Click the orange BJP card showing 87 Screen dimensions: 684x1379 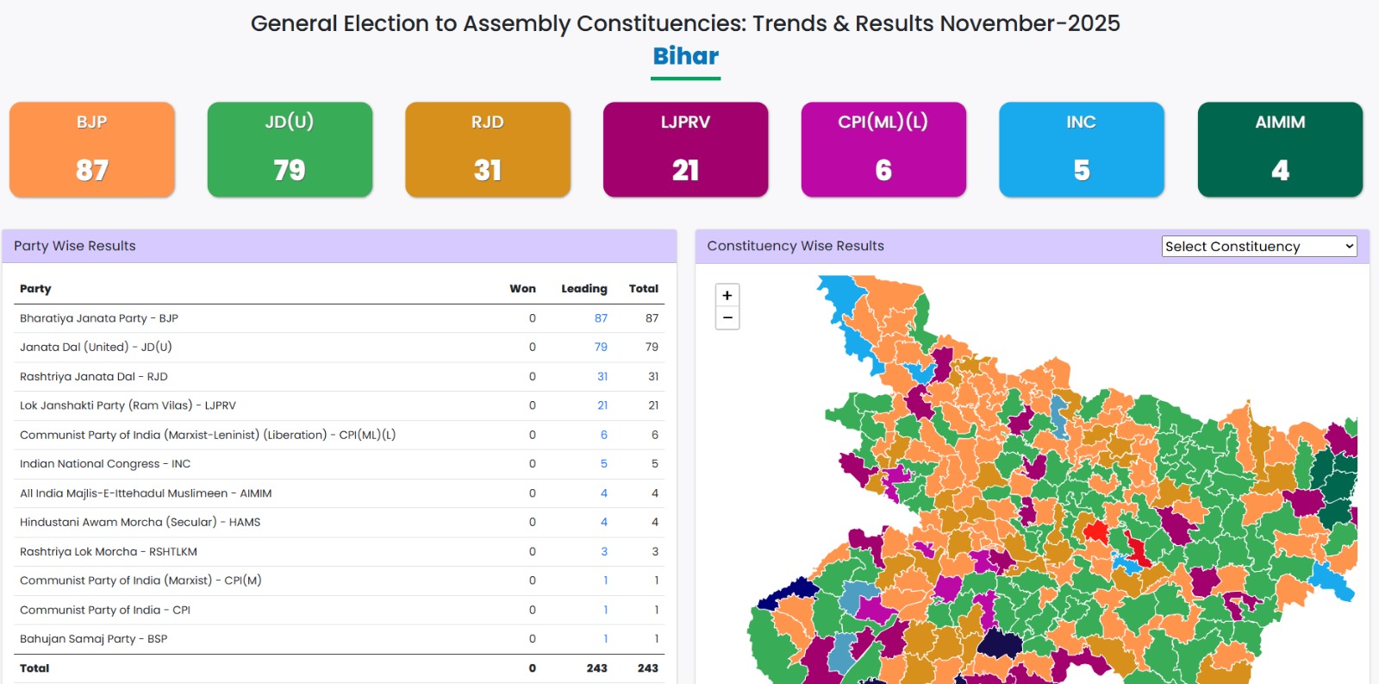click(92, 149)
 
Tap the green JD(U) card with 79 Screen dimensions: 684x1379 click(290, 149)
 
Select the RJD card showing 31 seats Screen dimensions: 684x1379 click(488, 149)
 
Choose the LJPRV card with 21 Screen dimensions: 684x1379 click(685, 149)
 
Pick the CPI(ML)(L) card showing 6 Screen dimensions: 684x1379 click(883, 149)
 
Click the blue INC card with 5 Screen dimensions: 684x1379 click(1082, 149)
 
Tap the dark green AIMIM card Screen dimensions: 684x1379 click(1280, 149)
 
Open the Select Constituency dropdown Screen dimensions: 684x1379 click(1259, 247)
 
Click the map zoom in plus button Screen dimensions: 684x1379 click(727, 295)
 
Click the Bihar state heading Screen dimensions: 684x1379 click(685, 56)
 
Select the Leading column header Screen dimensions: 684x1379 click(584, 289)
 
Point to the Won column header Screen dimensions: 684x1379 click(522, 289)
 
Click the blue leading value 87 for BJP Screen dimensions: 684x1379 click(601, 318)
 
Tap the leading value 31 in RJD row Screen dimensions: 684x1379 click(602, 377)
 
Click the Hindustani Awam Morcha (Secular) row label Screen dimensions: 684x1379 click(140, 523)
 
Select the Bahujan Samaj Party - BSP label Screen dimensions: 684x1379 click(93, 639)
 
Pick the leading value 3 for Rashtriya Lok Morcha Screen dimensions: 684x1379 click(604, 552)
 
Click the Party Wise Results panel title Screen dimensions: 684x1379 click(75, 246)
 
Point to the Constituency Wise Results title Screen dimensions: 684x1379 click(796, 246)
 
